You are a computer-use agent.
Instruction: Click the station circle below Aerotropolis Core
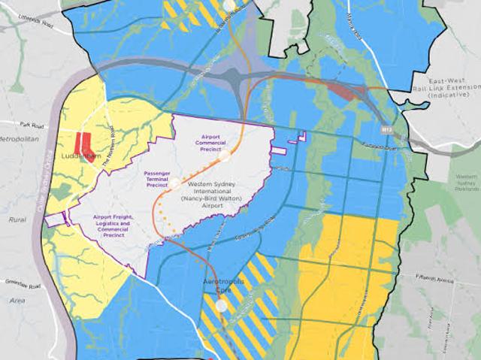click(x=221, y=306)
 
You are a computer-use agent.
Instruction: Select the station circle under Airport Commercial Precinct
click(x=224, y=156)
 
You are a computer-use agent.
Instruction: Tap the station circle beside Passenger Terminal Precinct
click(x=174, y=182)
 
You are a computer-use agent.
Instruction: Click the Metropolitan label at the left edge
click(x=21, y=140)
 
